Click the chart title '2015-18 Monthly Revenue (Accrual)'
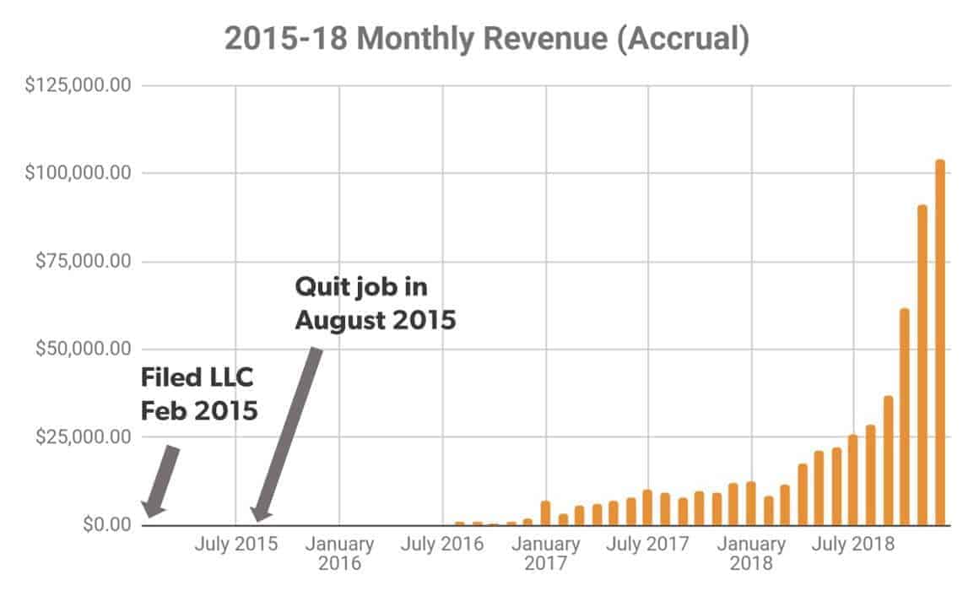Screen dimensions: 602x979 (x=486, y=40)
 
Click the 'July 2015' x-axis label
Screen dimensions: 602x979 (x=235, y=545)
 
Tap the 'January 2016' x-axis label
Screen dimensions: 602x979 (x=339, y=553)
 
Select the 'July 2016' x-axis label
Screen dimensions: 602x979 (x=442, y=545)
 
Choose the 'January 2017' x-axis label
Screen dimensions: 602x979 (x=546, y=553)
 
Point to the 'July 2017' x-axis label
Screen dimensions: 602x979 (x=648, y=545)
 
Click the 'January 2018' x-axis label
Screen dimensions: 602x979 (x=751, y=553)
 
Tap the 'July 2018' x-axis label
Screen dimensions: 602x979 (x=853, y=545)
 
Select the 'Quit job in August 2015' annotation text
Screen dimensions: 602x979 (x=375, y=304)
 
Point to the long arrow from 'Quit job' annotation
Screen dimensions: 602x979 (x=287, y=435)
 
